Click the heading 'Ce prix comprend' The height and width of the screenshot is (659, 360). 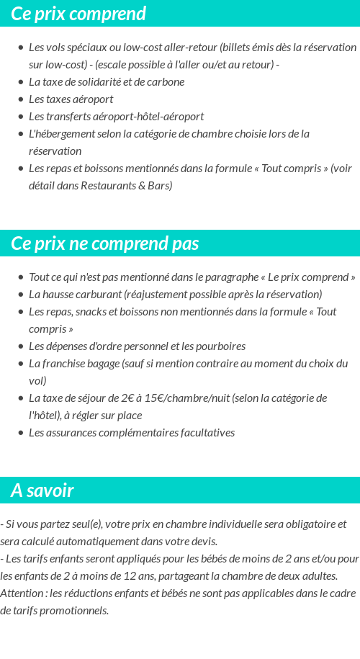point(78,14)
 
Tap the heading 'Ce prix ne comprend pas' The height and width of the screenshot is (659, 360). point(105,243)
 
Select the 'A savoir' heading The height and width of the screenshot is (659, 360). point(42,490)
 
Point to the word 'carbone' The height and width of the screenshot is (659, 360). point(166,81)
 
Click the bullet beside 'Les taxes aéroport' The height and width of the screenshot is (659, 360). point(21,99)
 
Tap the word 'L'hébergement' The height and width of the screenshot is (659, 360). point(60,133)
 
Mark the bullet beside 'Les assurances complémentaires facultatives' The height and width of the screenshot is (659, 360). point(21,433)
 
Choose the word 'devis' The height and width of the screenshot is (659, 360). point(203,541)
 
